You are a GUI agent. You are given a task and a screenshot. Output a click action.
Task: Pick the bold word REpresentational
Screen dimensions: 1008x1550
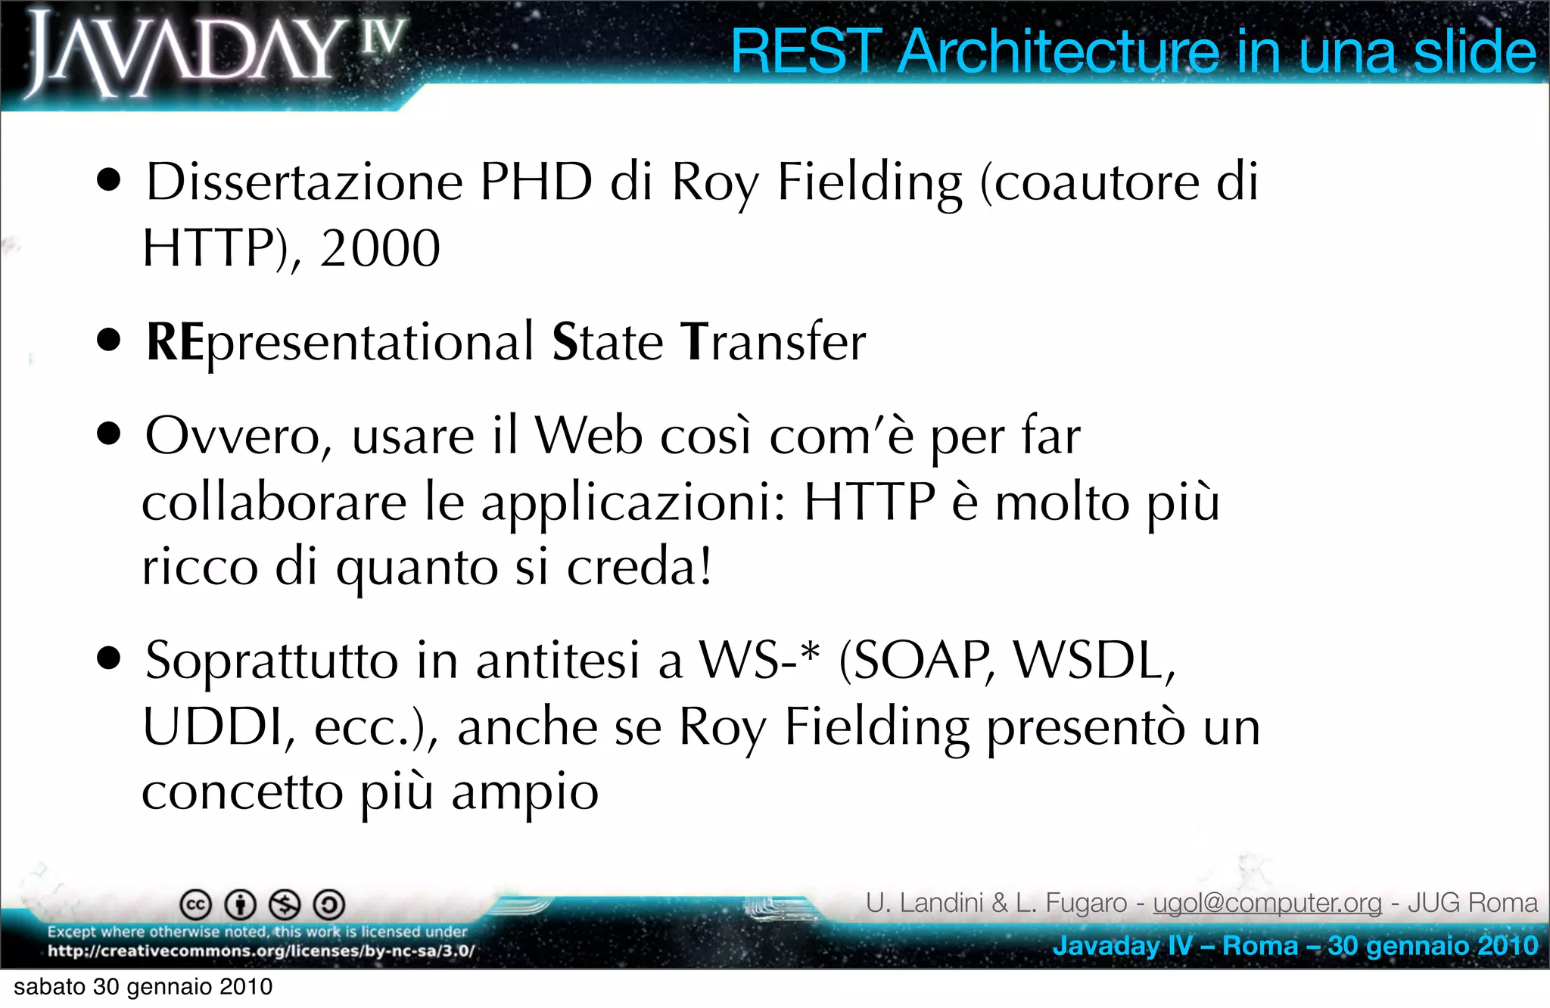pyautogui.click(x=341, y=342)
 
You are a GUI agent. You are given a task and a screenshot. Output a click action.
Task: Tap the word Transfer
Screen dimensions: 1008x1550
pyautogui.click(x=773, y=342)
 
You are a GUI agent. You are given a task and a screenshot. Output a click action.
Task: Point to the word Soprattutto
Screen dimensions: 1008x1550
pyautogui.click(x=271, y=661)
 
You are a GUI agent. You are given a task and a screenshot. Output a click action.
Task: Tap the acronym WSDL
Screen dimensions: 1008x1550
pyautogui.click(x=1094, y=661)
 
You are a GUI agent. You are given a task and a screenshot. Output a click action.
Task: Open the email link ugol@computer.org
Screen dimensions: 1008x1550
pyautogui.click(x=1267, y=903)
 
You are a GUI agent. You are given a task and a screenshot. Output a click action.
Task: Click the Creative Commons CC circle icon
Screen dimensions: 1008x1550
pyautogui.click(x=195, y=904)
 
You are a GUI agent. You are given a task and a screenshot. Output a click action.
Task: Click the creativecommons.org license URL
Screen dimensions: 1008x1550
pyautogui.click(x=261, y=951)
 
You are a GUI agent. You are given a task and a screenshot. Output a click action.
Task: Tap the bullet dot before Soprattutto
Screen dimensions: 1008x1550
pyautogui.click(x=109, y=658)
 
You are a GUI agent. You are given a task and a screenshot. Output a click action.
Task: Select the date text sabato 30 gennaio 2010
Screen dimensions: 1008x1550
pyautogui.click(x=143, y=987)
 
